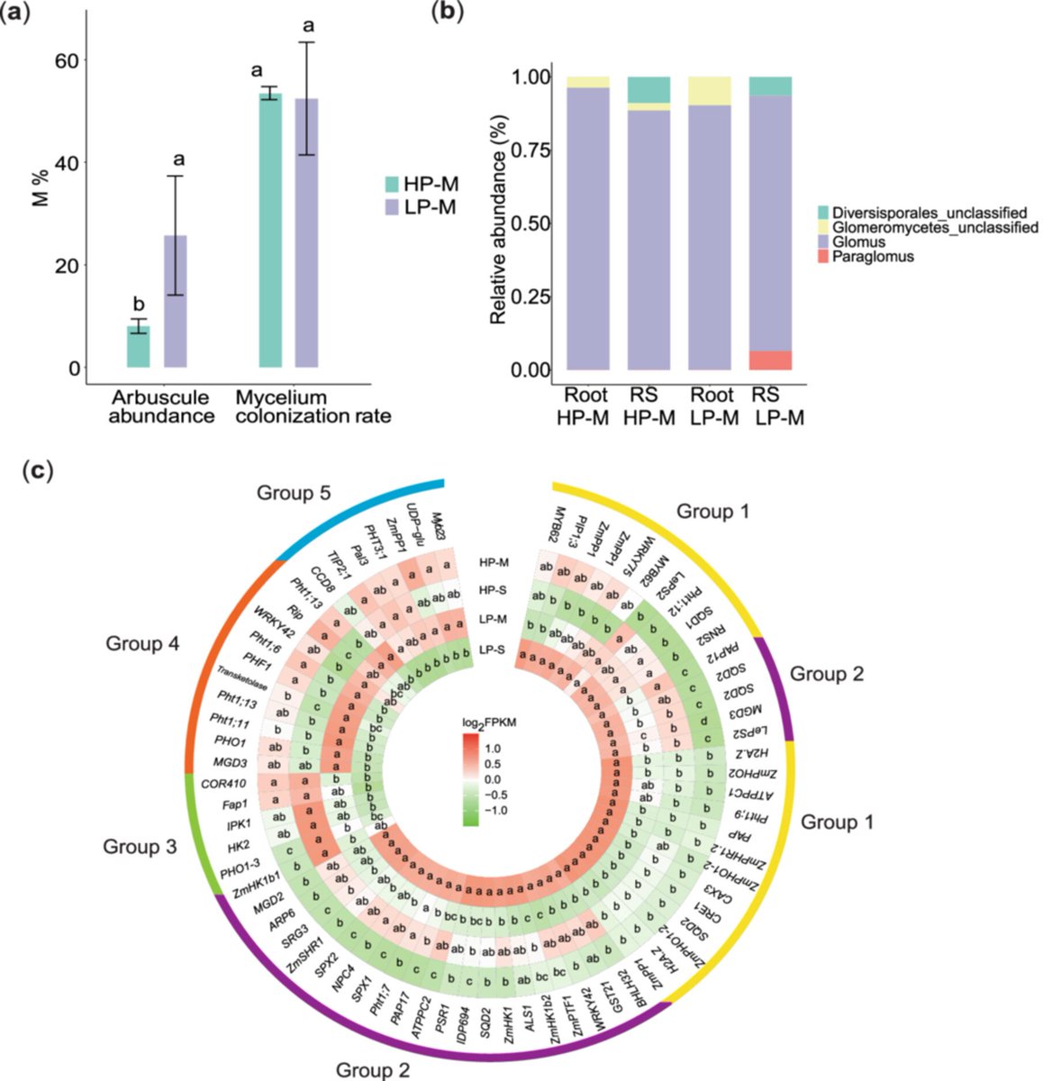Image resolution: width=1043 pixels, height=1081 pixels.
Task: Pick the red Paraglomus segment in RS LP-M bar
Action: pos(770,359)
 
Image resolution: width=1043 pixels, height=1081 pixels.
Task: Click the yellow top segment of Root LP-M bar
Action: pos(710,91)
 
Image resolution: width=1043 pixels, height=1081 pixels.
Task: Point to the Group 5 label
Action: pos(293,493)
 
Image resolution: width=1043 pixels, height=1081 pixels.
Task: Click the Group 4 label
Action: pos(142,644)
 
